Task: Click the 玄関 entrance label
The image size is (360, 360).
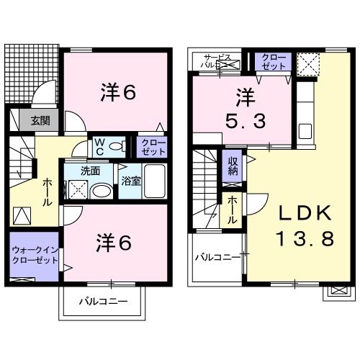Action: (40, 120)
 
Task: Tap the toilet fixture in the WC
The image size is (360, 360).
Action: (117, 145)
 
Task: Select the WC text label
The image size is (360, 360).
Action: (99, 147)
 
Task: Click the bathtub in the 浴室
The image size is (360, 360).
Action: (155, 181)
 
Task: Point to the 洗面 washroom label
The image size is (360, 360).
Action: (90, 171)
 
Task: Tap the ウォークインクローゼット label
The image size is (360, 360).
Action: (35, 255)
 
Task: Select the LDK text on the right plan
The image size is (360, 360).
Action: (305, 213)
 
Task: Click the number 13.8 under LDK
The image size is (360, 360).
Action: (305, 238)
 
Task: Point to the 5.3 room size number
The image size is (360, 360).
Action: (246, 121)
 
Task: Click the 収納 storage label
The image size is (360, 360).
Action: (233, 166)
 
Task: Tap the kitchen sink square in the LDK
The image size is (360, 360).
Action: (305, 131)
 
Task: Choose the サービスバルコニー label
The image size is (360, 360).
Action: (217, 61)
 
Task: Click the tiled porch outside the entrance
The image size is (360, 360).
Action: (31, 73)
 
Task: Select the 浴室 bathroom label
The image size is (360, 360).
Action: (130, 181)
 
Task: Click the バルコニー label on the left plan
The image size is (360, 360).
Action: (103, 302)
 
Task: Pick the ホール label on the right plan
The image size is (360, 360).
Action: (231, 210)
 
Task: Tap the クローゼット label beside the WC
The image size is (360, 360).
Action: (153, 147)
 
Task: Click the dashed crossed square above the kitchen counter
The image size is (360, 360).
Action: (308, 65)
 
